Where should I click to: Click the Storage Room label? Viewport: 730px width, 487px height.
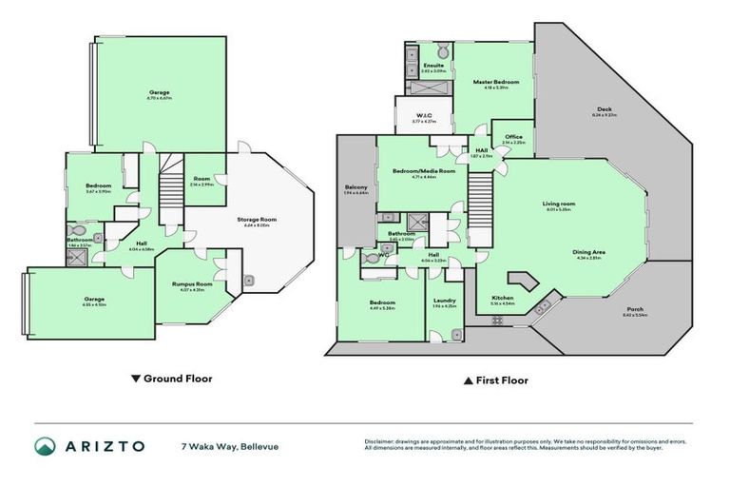[256, 221]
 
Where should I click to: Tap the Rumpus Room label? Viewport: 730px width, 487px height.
[191, 284]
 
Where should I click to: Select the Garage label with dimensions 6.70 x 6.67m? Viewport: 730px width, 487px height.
[159, 92]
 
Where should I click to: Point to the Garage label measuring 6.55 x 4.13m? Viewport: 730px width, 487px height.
[93, 300]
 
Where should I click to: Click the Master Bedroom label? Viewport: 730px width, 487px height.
[496, 83]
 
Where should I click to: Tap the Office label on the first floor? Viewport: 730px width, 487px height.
[513, 138]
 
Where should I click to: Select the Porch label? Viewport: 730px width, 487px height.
[634, 311]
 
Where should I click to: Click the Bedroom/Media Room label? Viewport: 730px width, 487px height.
[423, 171]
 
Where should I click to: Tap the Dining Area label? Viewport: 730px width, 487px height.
[590, 252]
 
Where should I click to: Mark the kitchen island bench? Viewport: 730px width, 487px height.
[520, 281]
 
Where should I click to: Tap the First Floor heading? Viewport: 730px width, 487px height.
[495, 380]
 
